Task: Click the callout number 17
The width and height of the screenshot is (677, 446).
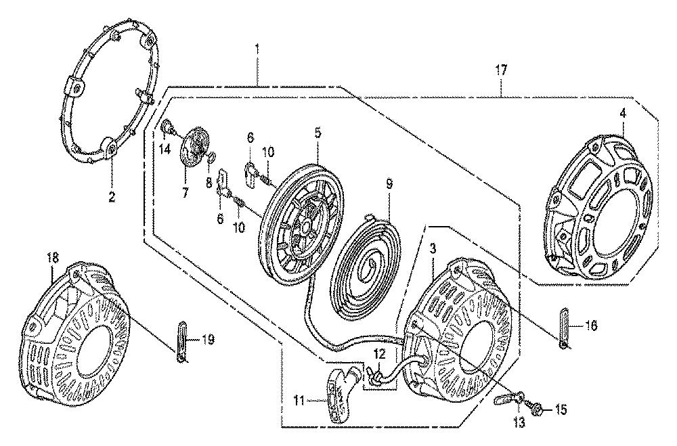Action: pos(501,70)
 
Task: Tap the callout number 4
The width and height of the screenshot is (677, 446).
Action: pos(622,114)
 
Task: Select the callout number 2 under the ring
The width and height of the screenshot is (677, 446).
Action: pos(112,198)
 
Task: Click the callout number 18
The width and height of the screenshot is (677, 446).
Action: pos(52,259)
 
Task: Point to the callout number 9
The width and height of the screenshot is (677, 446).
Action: pos(389,185)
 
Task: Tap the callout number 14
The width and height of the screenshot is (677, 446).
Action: pos(165,150)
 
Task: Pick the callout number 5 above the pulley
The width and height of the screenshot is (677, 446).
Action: pos(318,133)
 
